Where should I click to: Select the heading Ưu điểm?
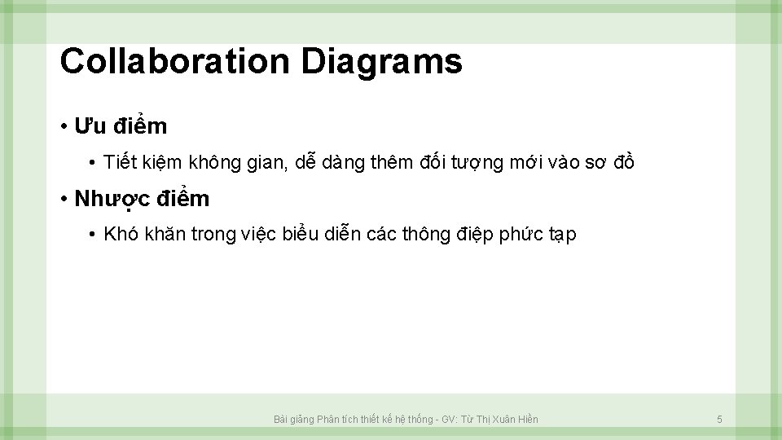pyautogui.click(x=121, y=126)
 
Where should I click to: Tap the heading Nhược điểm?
pyautogui.click(x=142, y=199)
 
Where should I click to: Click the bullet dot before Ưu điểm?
pyautogui.click(x=63, y=127)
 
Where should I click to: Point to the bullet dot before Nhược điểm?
pyautogui.click(x=63, y=199)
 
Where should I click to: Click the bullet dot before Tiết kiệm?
pyautogui.click(x=94, y=163)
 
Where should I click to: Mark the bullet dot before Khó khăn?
pyautogui.click(x=94, y=235)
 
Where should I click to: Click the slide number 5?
pyautogui.click(x=719, y=420)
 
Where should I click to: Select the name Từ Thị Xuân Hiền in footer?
pyautogui.click(x=499, y=420)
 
